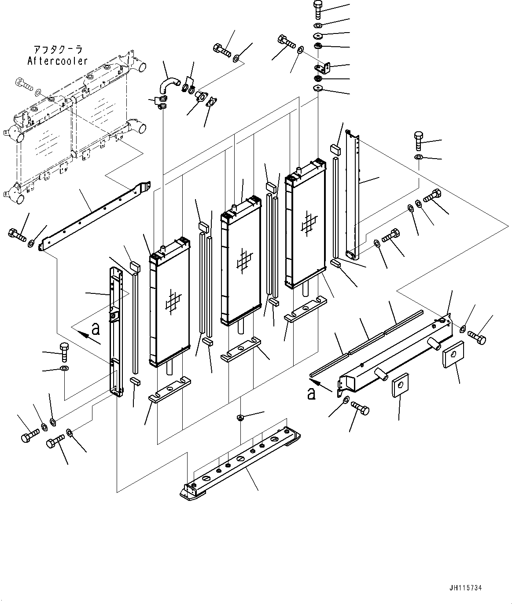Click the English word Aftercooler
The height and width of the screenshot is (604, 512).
pos(58,61)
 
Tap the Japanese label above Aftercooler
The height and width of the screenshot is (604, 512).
pos(58,49)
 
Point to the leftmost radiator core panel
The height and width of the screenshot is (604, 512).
pos(169,304)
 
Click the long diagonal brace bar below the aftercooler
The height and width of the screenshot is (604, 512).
pos(95,215)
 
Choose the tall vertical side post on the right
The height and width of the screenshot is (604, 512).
pos(353,194)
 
